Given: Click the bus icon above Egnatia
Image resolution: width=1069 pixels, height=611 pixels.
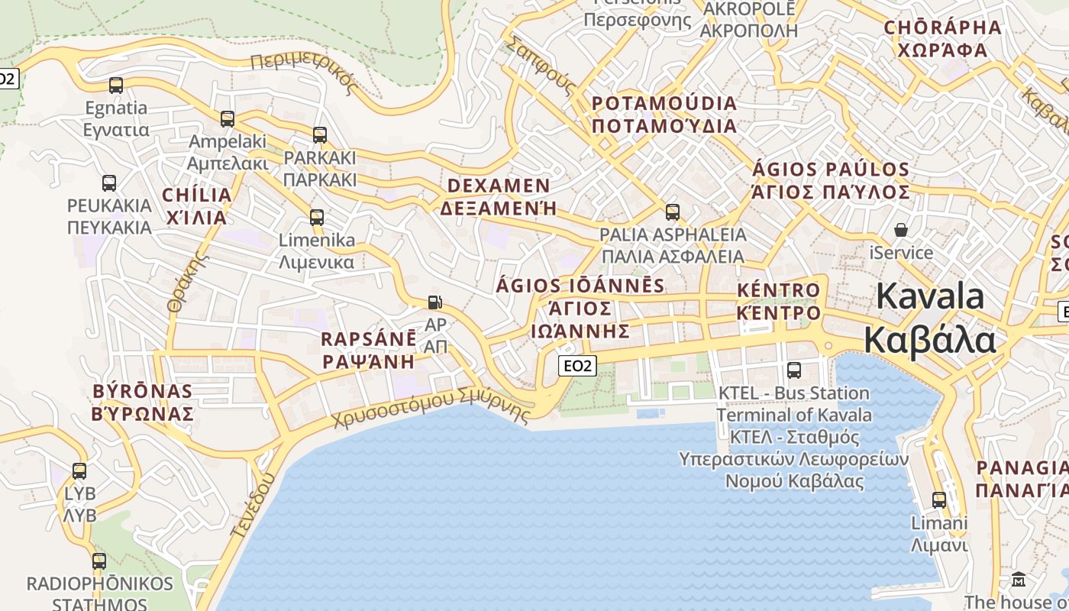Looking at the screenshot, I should point(116,85).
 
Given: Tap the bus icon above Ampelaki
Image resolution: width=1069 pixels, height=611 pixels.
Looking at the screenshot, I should point(228,118).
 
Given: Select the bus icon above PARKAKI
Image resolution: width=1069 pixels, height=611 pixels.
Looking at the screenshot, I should point(320,135).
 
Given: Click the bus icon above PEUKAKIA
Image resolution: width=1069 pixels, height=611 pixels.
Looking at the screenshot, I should point(109,183).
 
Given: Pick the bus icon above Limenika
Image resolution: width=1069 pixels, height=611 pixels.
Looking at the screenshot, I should point(317,217).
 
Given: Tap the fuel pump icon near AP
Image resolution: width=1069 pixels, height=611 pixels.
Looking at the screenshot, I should point(434,302).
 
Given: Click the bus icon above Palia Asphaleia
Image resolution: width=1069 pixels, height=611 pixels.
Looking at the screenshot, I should point(673,212).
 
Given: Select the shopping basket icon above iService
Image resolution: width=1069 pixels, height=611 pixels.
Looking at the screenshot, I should point(901,229).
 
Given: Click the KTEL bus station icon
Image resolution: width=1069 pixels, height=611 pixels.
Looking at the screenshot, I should point(794,370).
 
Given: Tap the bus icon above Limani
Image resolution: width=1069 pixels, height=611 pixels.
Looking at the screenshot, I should point(939,500).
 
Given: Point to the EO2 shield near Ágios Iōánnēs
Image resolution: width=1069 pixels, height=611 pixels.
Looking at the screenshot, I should point(577,366).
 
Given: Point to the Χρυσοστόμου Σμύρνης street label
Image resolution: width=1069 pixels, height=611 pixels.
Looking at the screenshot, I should point(431,408).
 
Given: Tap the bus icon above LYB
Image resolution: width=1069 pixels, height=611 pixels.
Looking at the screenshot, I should point(79,471).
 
